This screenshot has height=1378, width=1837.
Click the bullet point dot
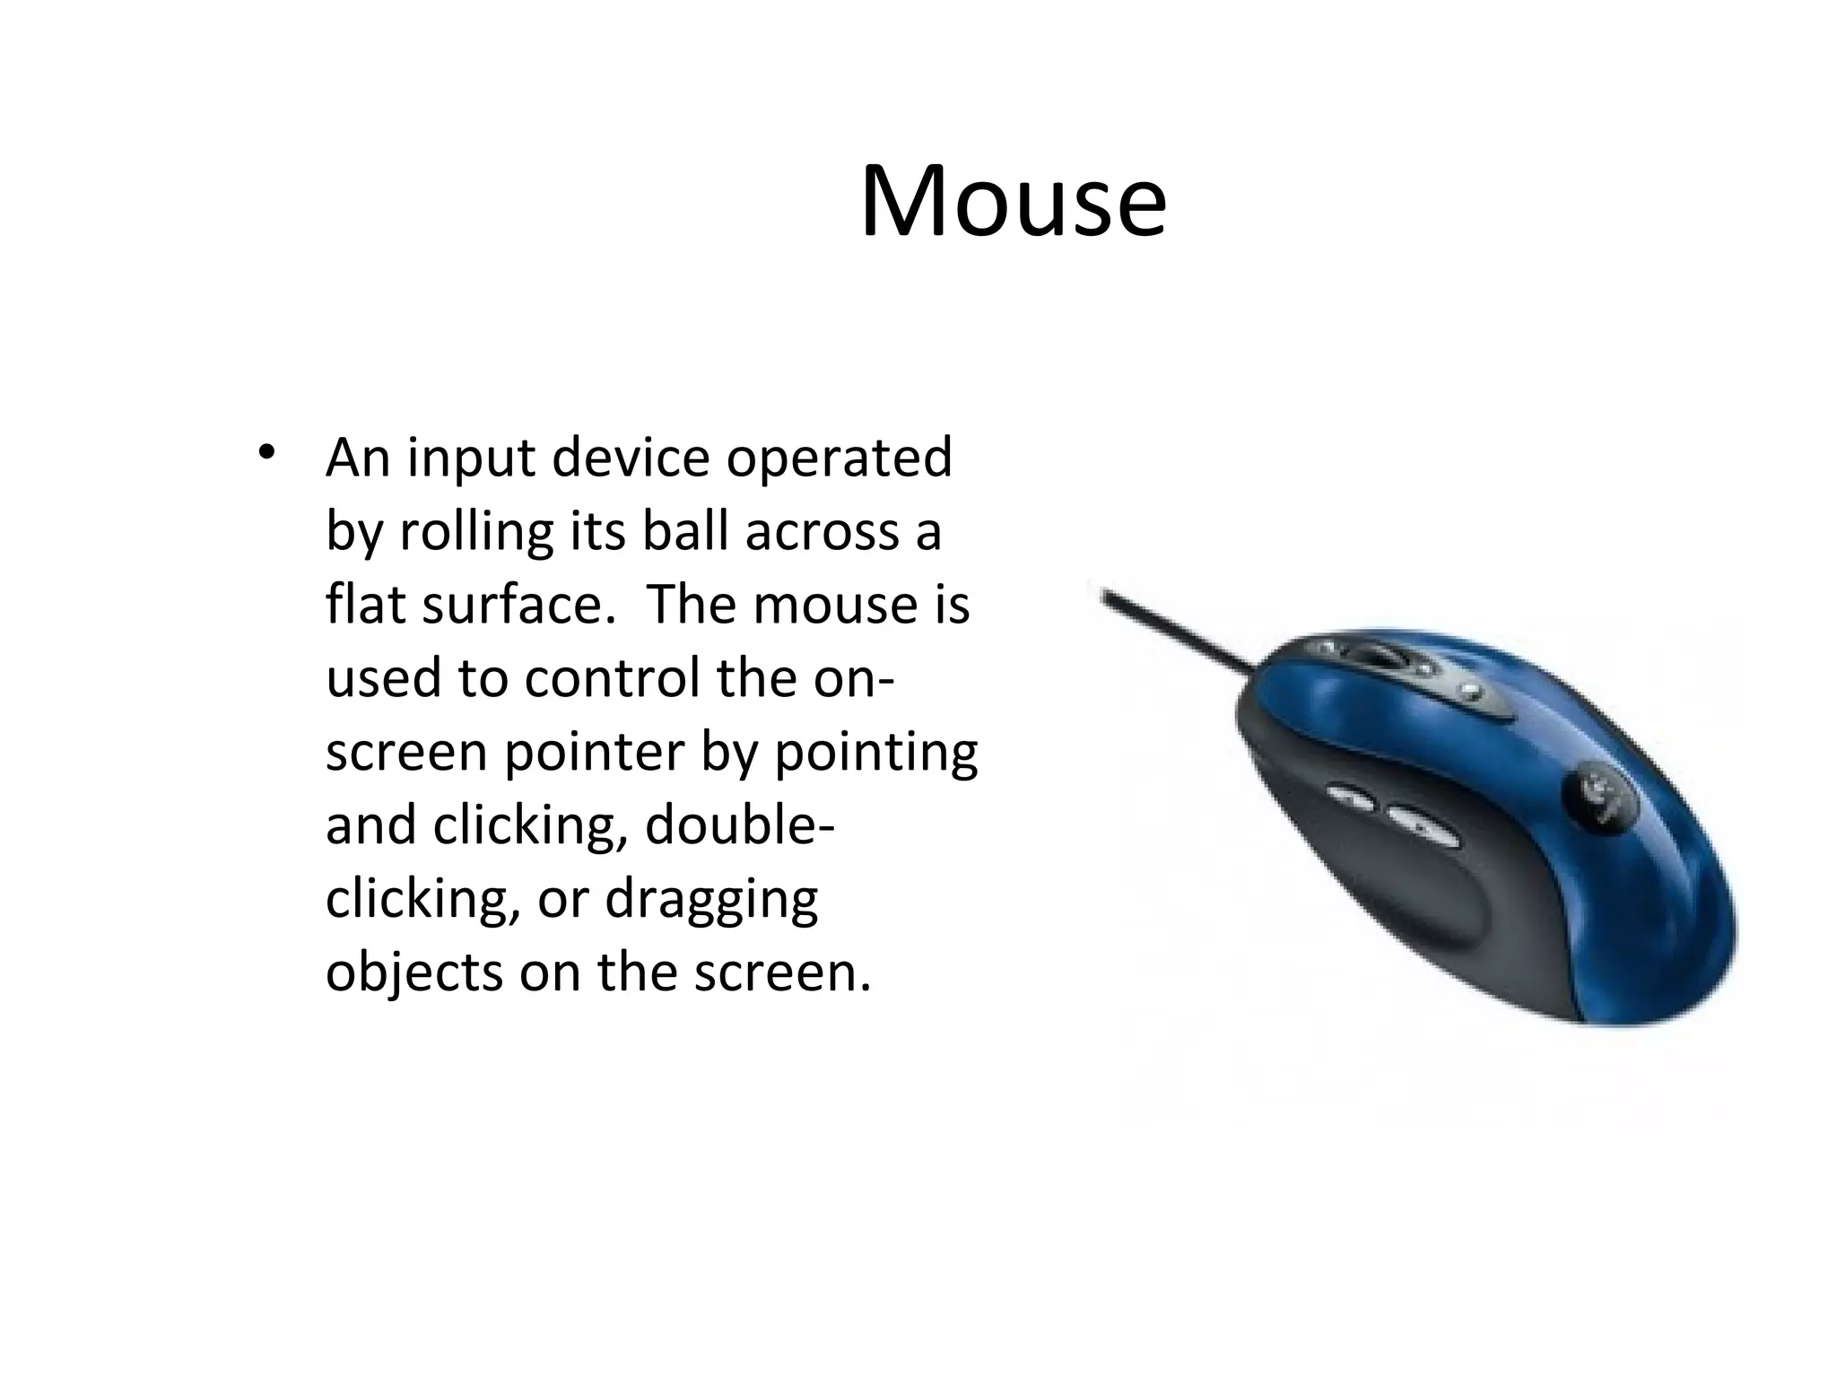(x=264, y=452)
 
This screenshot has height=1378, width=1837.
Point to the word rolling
(x=476, y=533)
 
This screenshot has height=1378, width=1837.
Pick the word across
(x=822, y=533)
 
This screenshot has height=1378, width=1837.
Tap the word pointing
(x=875, y=754)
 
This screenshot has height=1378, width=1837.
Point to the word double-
(x=740, y=825)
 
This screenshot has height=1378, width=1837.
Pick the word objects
(x=414, y=972)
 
